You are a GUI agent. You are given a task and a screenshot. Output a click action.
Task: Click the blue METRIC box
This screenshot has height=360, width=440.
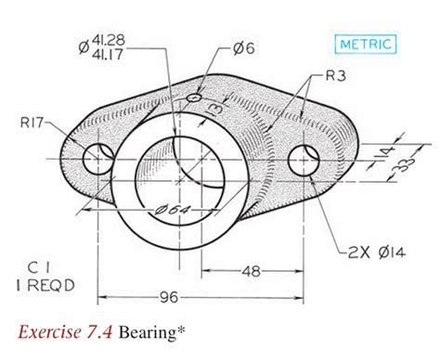[x=366, y=45]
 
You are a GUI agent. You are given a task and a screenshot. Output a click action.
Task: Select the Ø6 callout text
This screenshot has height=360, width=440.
[x=243, y=48]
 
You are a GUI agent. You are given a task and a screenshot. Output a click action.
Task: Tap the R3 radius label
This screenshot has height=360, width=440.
[x=336, y=75]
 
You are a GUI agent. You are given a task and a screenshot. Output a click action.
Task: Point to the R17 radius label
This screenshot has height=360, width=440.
[x=32, y=122]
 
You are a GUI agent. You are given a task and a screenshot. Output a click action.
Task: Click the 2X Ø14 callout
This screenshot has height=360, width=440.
[x=376, y=252]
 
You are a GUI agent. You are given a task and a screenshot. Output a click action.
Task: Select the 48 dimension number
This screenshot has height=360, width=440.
[x=251, y=271]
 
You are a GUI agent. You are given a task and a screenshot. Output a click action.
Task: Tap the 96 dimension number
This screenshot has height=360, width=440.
[x=169, y=297]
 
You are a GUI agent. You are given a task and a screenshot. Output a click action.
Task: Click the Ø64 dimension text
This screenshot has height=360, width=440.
[x=172, y=210]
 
